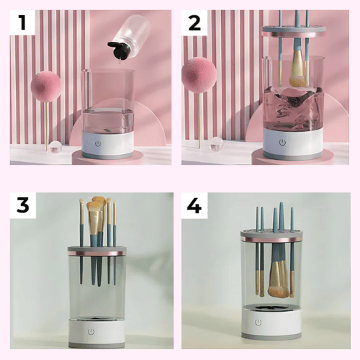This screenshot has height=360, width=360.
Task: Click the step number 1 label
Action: point(22,22)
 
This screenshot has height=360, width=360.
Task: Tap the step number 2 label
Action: point(194,23)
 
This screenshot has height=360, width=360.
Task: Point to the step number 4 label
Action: point(194,205)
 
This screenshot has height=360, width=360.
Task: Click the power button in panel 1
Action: point(98,144)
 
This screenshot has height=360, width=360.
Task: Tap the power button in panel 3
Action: point(91,332)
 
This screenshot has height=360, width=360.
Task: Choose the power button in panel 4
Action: point(258,323)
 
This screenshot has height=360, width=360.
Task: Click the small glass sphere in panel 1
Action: point(55,148)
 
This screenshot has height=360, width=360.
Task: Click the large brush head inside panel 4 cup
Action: point(278,279)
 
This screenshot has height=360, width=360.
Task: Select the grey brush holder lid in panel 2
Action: point(294,31)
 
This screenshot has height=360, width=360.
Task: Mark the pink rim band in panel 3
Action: point(96,253)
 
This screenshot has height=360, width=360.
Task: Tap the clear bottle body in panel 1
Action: point(132,30)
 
